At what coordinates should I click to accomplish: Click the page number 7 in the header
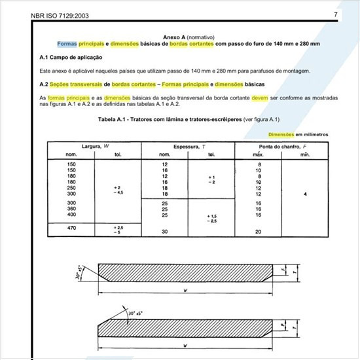click(x=335, y=14)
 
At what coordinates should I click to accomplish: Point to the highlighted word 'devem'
click(x=261, y=98)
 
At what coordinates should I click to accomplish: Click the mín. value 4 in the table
click(x=305, y=195)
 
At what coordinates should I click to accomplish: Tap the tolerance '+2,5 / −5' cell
click(x=118, y=229)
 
